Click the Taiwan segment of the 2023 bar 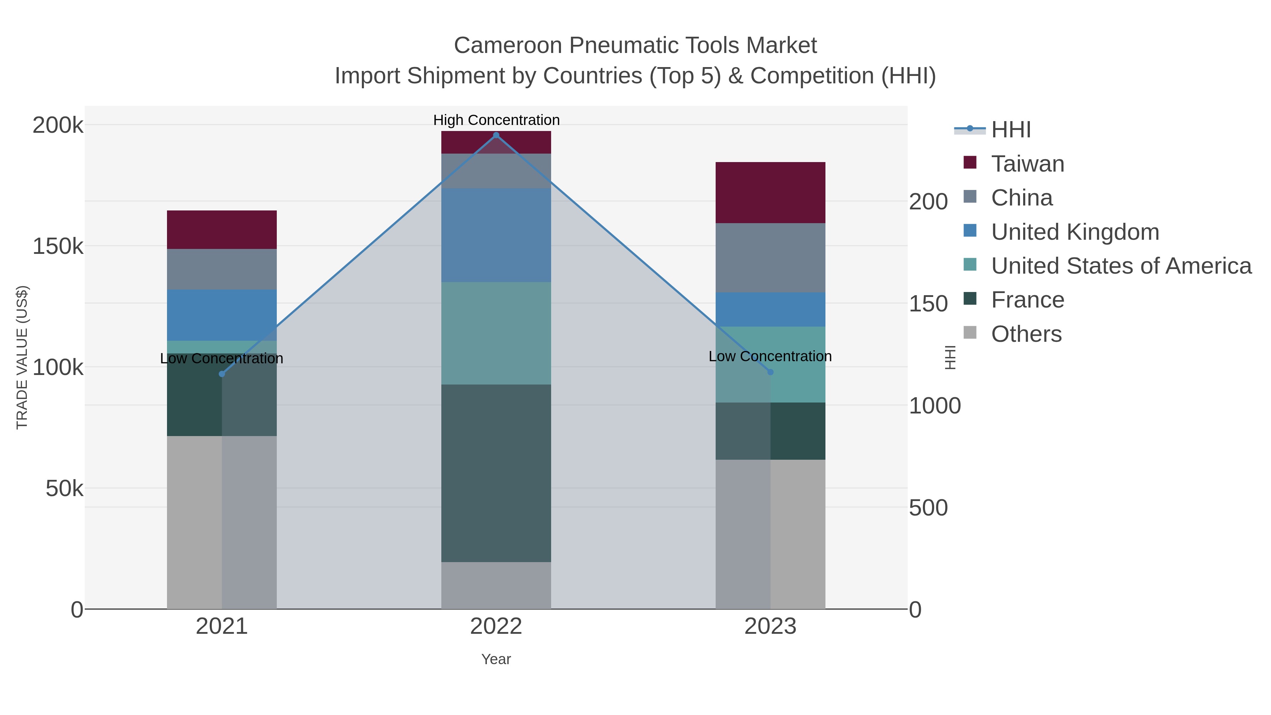click(770, 192)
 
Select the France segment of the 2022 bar click(496, 473)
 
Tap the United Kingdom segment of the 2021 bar click(221, 315)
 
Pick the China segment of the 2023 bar click(770, 258)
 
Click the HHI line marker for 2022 click(496, 135)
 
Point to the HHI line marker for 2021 click(221, 374)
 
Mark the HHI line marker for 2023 click(771, 372)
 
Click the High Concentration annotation click(496, 120)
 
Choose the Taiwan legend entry click(1027, 164)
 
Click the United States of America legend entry click(1121, 266)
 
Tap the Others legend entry click(1026, 334)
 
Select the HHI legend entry click(1010, 130)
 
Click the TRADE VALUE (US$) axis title click(22, 357)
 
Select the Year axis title click(496, 659)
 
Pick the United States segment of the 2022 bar click(496, 333)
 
